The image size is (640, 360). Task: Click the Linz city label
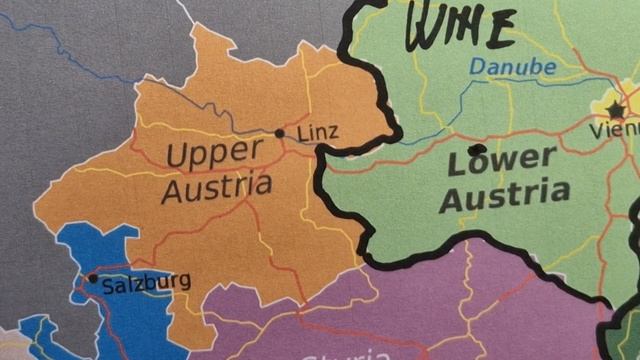[318, 132]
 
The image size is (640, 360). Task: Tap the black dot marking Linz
[280, 133]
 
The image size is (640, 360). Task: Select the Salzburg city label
[146, 282]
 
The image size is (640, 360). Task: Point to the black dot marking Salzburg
[92, 279]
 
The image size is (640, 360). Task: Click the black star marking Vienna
[615, 109]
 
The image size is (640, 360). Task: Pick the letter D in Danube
[475, 65]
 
